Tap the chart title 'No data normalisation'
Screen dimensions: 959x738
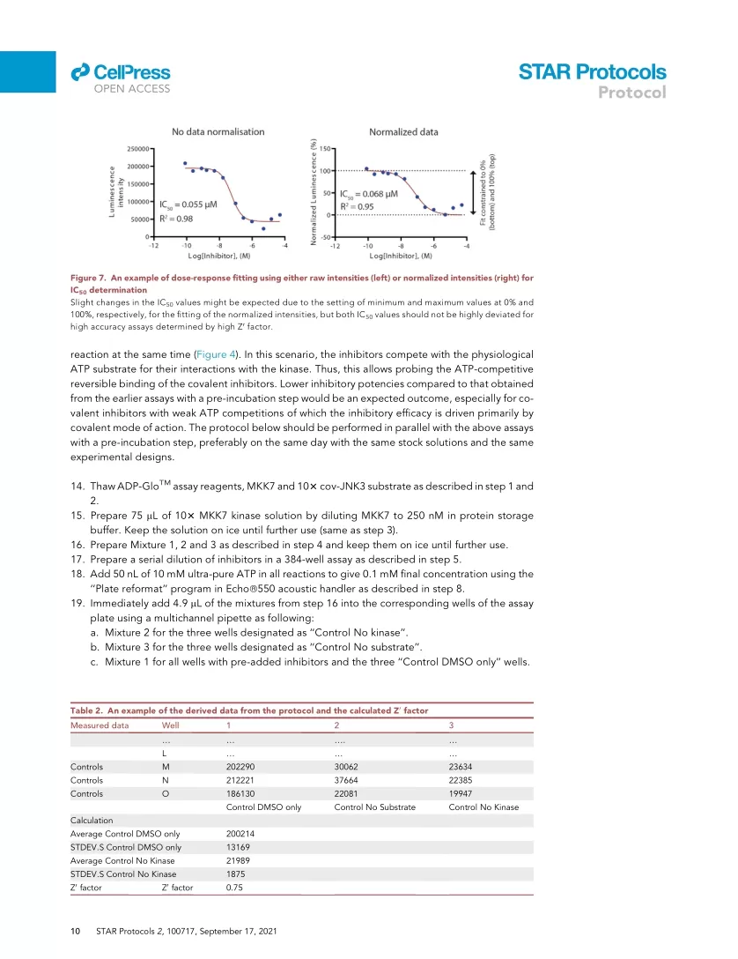[x=218, y=132]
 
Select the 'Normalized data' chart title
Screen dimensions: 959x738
[x=403, y=132]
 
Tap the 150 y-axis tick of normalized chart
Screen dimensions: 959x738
[x=324, y=149]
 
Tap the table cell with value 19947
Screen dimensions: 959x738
[x=463, y=794]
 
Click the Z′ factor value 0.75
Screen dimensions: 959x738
[x=235, y=888]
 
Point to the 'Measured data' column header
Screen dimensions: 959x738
[x=100, y=725]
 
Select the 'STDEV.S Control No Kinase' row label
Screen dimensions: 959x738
[x=122, y=874]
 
